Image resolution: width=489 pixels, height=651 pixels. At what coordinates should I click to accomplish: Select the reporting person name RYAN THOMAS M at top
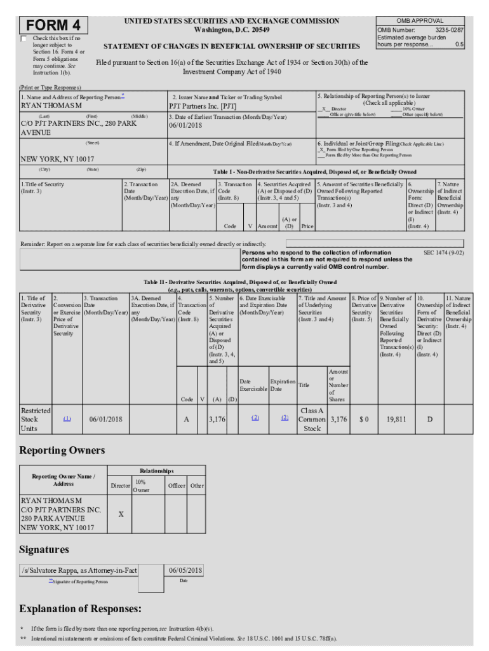(x=51, y=106)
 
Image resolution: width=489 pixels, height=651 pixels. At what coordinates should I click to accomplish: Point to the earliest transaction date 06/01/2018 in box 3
(x=185, y=125)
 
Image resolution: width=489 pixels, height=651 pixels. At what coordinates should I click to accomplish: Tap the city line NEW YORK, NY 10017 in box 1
(x=58, y=158)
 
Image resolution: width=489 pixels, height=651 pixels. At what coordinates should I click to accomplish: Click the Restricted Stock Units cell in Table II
(x=35, y=420)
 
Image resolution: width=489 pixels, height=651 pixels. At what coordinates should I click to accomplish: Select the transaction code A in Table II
(x=186, y=420)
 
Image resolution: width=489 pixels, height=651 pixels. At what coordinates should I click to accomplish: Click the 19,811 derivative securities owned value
(x=396, y=420)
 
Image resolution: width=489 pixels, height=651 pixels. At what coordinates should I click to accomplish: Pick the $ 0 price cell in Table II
(x=363, y=420)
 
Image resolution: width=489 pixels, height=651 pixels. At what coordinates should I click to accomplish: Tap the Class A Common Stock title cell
(x=312, y=420)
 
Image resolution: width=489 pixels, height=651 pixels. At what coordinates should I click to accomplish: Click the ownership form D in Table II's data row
(x=429, y=420)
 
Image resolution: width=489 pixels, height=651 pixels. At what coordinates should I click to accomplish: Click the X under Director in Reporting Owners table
(x=120, y=514)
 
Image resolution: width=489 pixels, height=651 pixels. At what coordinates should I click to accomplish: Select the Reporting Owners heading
(x=62, y=451)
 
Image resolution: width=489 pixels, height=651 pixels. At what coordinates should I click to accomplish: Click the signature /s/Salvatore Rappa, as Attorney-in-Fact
(x=79, y=570)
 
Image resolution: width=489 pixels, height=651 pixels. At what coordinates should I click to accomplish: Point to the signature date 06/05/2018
(x=185, y=570)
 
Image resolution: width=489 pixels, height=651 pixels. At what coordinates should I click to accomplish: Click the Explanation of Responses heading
(x=80, y=609)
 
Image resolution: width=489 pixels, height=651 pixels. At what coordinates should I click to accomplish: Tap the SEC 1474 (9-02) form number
(x=443, y=252)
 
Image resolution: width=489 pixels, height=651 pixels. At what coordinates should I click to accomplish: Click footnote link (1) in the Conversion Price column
(x=67, y=418)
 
